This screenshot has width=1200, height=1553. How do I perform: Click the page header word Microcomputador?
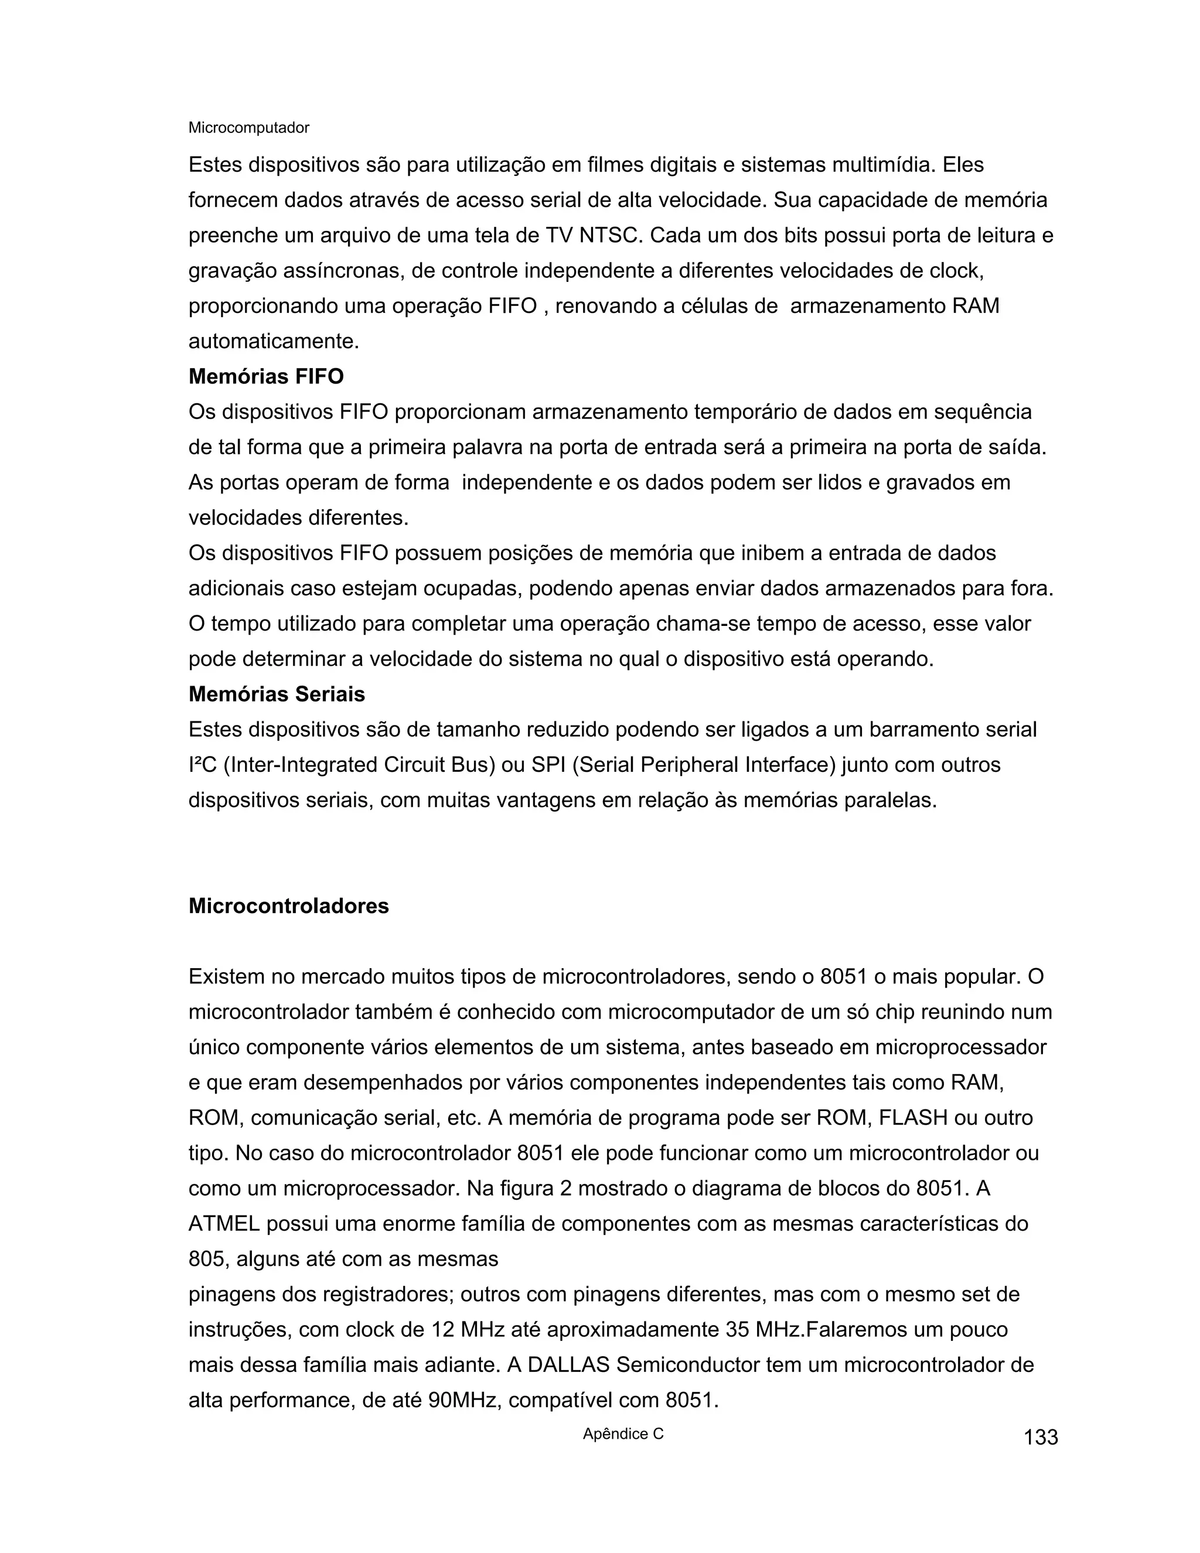[x=249, y=128]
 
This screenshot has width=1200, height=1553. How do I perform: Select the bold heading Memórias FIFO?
[x=266, y=376]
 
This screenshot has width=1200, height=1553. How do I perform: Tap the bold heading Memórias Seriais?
[x=277, y=694]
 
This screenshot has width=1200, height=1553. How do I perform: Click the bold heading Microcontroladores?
[x=289, y=906]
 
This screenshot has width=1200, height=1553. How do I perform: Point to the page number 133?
[x=1041, y=1437]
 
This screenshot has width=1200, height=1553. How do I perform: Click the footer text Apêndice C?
[x=623, y=1433]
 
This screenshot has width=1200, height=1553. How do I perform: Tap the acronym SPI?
[x=548, y=765]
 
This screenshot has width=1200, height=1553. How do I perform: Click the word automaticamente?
[x=274, y=341]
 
